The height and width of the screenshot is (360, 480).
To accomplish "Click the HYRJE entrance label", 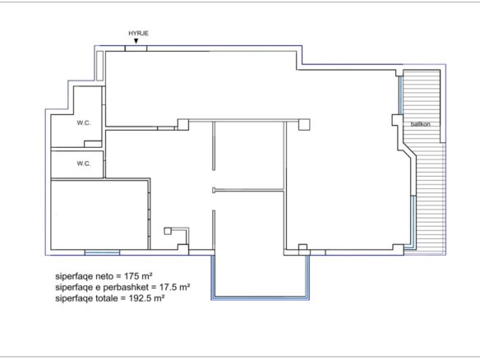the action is (138, 34).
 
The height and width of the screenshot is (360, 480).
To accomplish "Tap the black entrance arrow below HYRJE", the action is (136, 41).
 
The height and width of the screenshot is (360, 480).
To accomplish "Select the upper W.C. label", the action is (84, 123).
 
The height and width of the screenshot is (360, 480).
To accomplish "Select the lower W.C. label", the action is (84, 164).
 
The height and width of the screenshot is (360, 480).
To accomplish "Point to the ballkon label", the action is (420, 124).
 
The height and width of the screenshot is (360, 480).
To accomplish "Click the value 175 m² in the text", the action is (138, 276).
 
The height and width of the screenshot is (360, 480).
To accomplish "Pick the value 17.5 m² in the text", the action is (174, 287).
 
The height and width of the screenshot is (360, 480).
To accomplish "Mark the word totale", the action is (106, 298).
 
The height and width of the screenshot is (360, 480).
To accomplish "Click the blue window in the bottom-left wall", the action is (102, 252).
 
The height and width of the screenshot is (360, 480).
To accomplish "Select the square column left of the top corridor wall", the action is (183, 125).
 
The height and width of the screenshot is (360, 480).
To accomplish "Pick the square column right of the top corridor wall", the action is (304, 125).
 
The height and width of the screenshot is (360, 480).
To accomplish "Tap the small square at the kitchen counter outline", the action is (168, 231).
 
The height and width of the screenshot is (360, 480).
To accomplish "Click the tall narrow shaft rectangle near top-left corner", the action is (99, 66).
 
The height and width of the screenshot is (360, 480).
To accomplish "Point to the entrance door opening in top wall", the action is (136, 48).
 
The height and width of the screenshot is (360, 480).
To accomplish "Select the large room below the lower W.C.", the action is (99, 215).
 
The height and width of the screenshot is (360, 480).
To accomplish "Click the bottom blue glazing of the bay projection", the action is (261, 298).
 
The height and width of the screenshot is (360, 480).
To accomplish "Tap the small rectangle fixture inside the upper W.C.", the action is (93, 144).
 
